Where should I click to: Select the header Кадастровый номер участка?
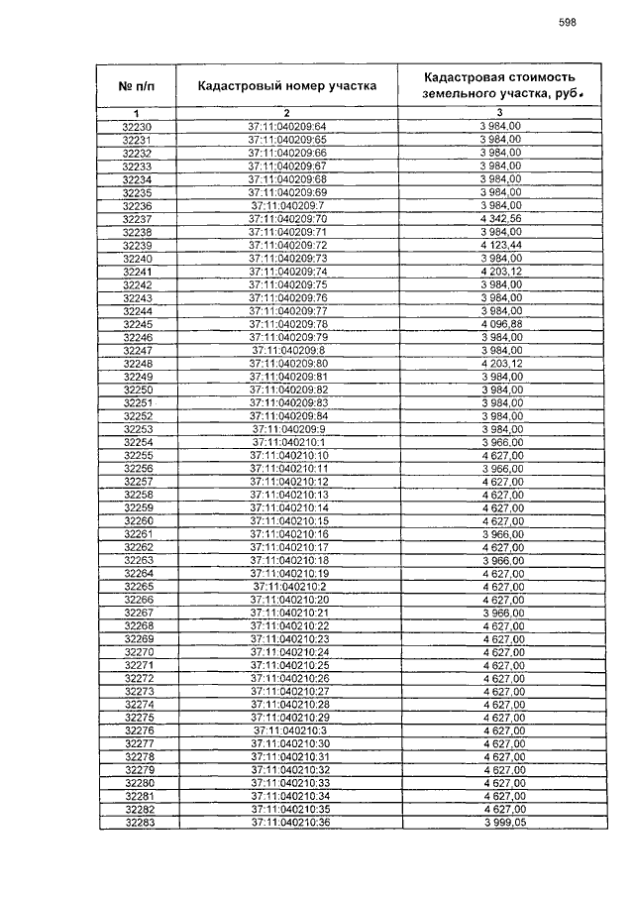tap(286, 86)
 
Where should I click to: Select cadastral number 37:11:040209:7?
tap(286, 205)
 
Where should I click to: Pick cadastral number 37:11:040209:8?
tap(286, 350)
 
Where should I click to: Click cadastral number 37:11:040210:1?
tap(286, 442)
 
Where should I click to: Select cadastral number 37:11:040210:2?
tap(286, 587)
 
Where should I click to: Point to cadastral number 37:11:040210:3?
tap(286, 730)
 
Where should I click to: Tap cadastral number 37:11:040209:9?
tap(286, 429)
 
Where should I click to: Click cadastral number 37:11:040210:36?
tap(286, 823)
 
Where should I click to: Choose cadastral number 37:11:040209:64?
tap(286, 127)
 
